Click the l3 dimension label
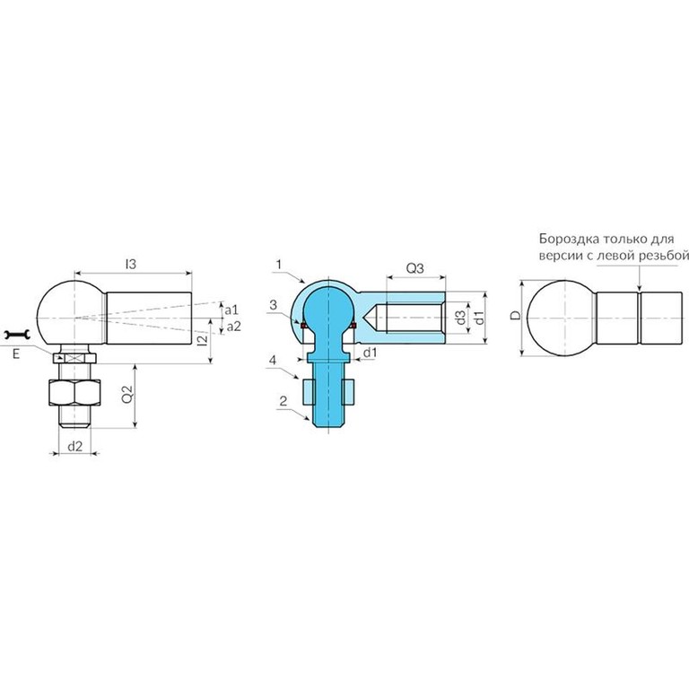click(x=131, y=264)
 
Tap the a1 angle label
click(x=231, y=310)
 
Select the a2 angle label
click(x=234, y=326)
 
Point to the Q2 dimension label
click(x=127, y=394)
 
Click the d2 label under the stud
click(x=75, y=447)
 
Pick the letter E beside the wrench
click(x=16, y=353)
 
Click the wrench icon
click(x=16, y=336)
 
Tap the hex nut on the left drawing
click(x=74, y=392)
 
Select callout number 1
click(x=279, y=265)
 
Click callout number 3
click(x=274, y=304)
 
